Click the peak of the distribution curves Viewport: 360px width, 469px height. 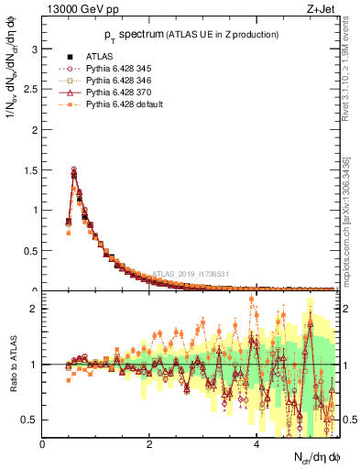tap(74, 170)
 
